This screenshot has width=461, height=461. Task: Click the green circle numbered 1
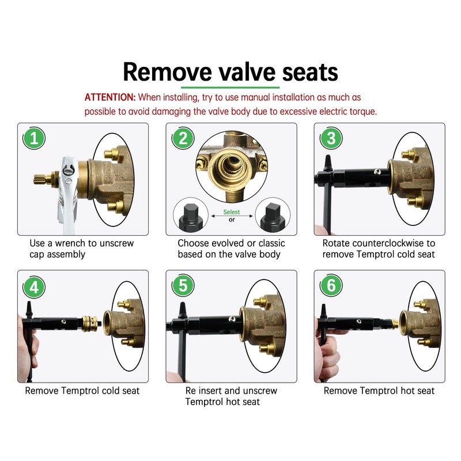point(34,138)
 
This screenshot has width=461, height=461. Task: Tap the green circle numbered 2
point(183,138)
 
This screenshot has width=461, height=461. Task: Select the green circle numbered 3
point(331,138)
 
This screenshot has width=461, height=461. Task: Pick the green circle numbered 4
point(34,287)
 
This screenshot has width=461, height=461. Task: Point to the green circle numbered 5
point(183,285)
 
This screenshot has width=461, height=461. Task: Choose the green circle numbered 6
point(331,285)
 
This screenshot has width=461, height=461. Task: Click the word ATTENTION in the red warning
point(110,97)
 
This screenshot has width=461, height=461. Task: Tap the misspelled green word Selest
point(232,212)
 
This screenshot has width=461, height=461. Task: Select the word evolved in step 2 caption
point(227,243)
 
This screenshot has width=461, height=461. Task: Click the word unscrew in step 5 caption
point(258,391)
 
